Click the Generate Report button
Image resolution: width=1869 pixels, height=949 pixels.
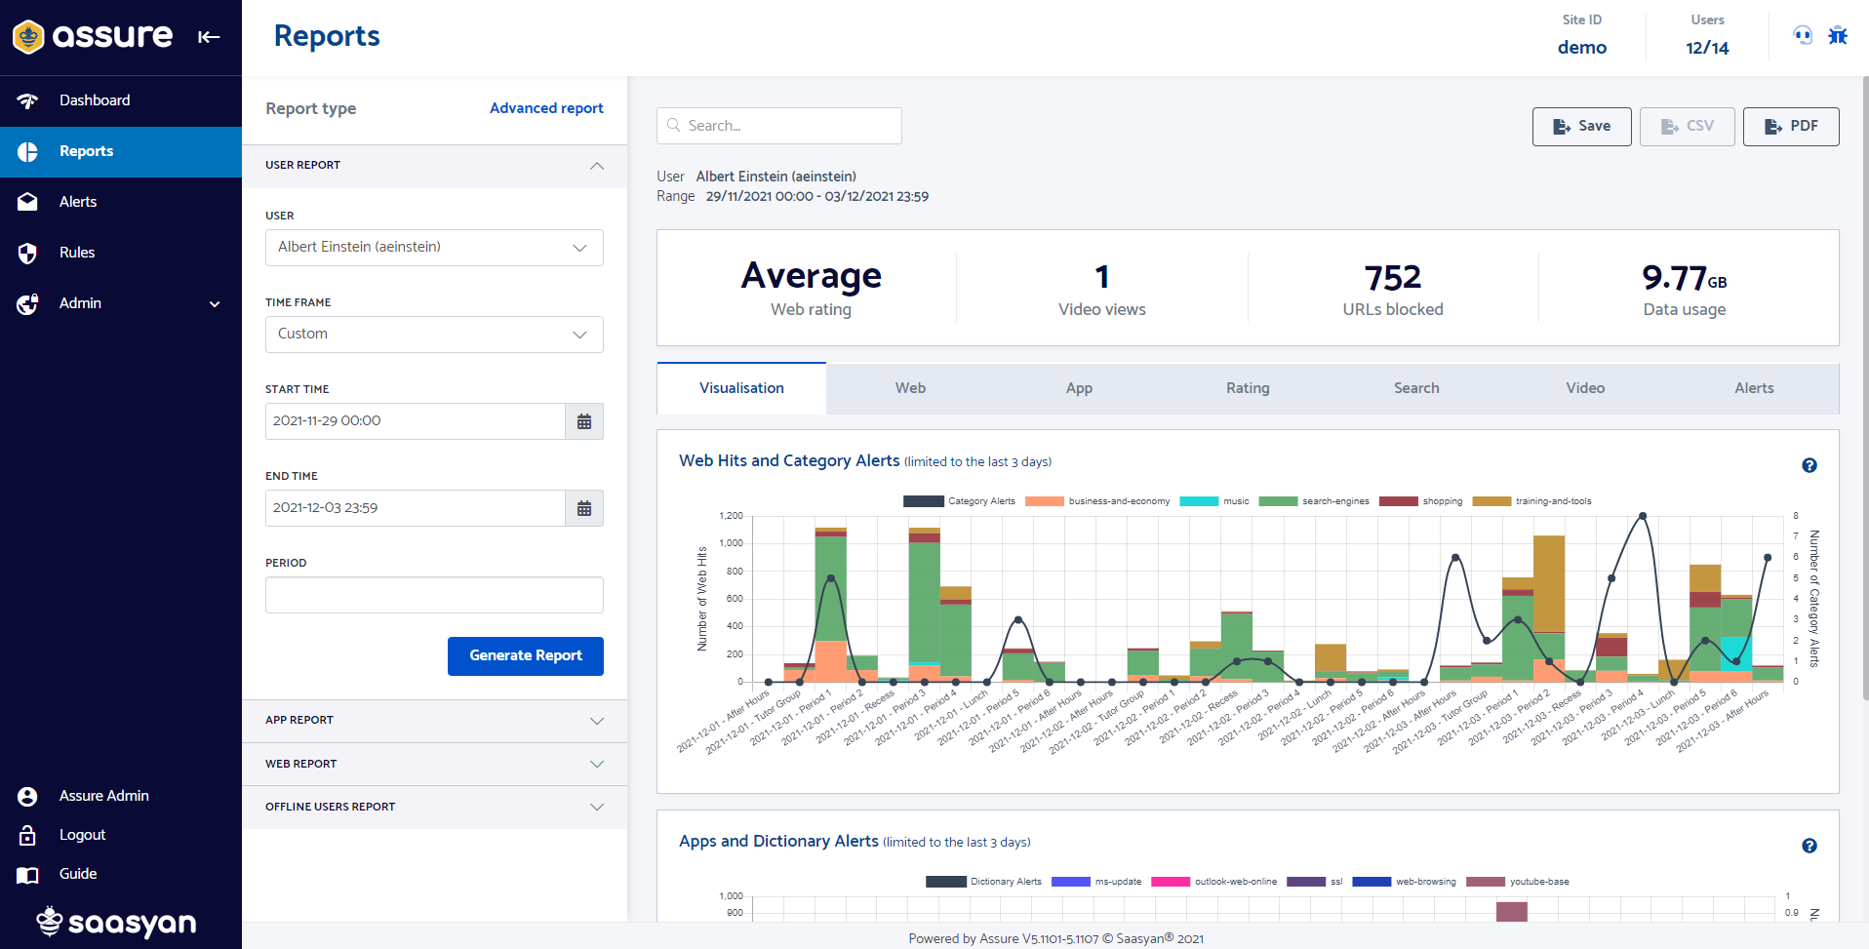(x=525, y=655)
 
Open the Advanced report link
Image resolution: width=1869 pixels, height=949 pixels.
(x=546, y=108)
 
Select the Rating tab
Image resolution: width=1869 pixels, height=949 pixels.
(x=1248, y=388)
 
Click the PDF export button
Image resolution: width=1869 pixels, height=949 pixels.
(x=1790, y=127)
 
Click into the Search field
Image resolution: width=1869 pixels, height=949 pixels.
(x=780, y=126)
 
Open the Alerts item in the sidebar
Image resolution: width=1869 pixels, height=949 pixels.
(x=78, y=202)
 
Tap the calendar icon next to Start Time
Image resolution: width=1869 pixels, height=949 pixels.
(x=584, y=421)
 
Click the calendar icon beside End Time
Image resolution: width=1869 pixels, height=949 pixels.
(x=584, y=508)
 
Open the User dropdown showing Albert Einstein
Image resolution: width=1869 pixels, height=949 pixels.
(x=434, y=248)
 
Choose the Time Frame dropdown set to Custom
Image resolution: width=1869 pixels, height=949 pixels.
(x=434, y=335)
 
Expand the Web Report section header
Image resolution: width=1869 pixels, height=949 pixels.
(x=434, y=764)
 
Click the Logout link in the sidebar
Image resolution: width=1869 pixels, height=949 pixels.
(x=82, y=835)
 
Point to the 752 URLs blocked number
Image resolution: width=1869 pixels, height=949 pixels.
(x=1392, y=278)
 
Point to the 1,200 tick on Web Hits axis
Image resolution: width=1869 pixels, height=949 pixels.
(x=731, y=516)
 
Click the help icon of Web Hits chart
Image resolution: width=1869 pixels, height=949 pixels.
(x=1809, y=465)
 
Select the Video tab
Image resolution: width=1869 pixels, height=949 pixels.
(x=1585, y=388)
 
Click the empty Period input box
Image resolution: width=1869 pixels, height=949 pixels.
(x=434, y=595)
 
